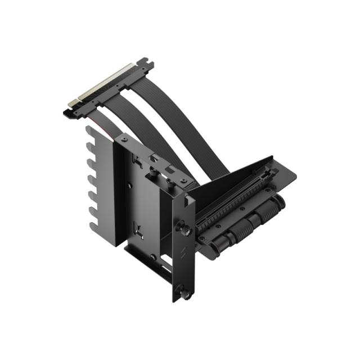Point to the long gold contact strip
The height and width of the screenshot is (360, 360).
112,84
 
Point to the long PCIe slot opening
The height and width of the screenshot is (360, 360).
236,191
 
